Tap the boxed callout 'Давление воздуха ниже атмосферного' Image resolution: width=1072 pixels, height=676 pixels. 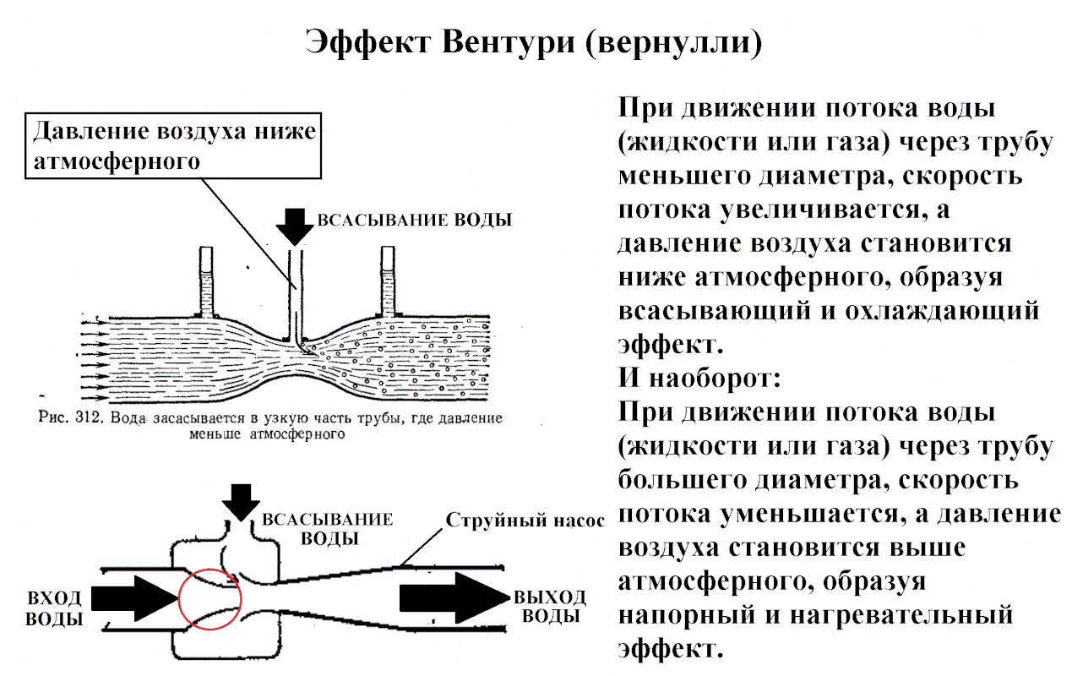[x=176, y=145]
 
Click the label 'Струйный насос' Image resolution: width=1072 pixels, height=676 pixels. [x=525, y=520]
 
